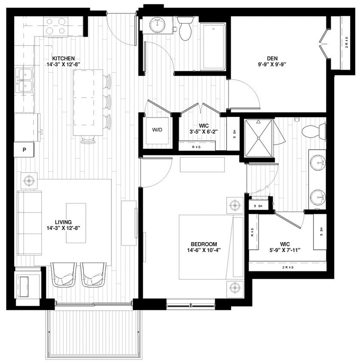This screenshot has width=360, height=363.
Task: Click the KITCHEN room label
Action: pos(64,59)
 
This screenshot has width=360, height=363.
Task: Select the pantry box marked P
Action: pos(24,150)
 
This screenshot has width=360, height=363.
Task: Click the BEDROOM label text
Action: pos(202,244)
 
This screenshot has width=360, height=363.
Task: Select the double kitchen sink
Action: pos(25,80)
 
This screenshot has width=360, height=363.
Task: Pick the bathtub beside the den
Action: pos(213,46)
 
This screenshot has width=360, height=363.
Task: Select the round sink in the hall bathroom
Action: pos(158,26)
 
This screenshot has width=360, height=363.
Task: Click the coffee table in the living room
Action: pos(76,223)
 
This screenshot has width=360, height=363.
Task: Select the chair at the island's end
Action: pos(88,140)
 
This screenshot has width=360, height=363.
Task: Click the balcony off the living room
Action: pos(94,332)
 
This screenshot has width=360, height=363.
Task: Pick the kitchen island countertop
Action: pos(88,102)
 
